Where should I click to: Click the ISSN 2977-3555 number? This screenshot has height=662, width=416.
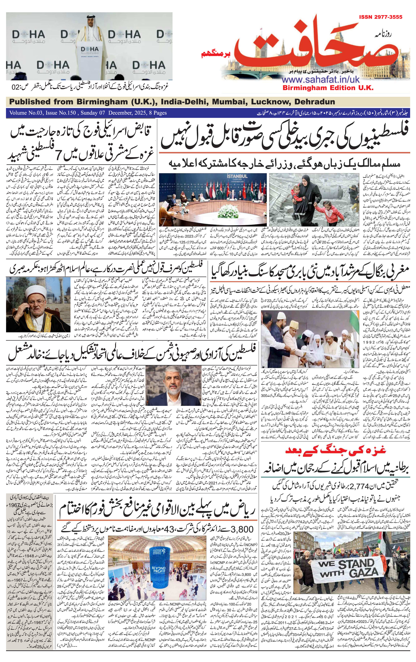point(380,17)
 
